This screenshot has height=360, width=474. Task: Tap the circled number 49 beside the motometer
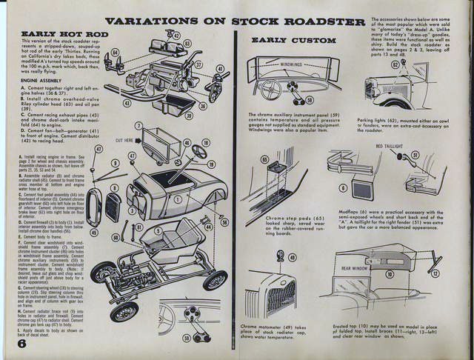coord(278,256)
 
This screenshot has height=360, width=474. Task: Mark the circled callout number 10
coord(410,274)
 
